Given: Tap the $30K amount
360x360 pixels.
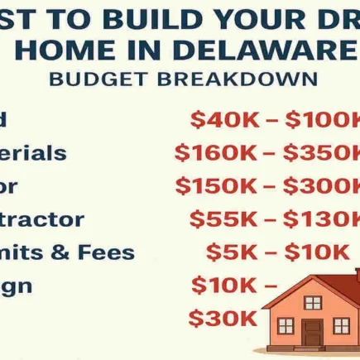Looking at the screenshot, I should coord(223,318).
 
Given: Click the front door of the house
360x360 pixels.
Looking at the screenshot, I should coord(312,333).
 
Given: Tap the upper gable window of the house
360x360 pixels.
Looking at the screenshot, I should coord(312,302).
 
